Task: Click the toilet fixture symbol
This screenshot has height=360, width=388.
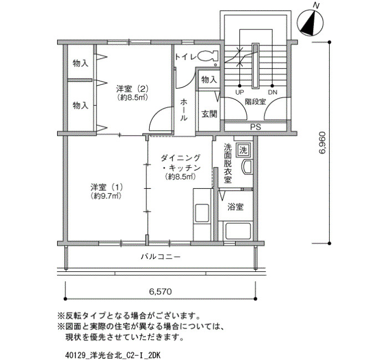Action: [208, 56]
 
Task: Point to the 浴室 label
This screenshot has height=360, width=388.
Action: [236, 207]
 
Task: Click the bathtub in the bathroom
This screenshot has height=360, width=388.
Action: [238, 231]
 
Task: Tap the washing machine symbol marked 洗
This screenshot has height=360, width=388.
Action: [243, 150]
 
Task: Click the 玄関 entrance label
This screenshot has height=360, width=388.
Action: [209, 114]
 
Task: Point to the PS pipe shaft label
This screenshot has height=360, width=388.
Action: [256, 127]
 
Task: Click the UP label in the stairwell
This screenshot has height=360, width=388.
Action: [239, 92]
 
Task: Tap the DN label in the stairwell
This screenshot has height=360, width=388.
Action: [273, 92]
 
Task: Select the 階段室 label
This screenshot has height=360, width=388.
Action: [256, 101]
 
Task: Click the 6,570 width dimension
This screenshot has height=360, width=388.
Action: [160, 292]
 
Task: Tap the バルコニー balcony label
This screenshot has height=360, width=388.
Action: [161, 256]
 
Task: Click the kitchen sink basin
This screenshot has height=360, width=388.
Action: [202, 213]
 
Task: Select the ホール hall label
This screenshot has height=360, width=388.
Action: [183, 110]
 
